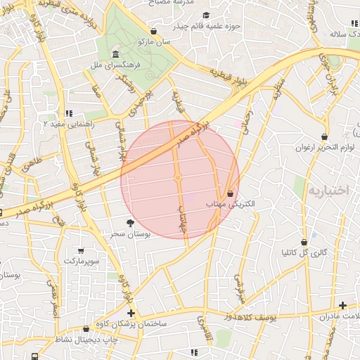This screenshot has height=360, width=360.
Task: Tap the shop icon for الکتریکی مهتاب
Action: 230,193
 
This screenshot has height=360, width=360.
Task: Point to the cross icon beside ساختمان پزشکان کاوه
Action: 131,313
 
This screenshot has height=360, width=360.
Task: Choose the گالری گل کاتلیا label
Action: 304,252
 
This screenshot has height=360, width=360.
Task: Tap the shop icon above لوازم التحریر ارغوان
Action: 324,136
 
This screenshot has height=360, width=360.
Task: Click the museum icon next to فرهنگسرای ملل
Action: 115,55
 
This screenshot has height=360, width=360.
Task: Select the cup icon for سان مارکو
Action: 154,32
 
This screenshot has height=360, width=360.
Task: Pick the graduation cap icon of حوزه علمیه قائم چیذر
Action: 205,15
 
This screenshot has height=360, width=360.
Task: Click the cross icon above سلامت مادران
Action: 342,305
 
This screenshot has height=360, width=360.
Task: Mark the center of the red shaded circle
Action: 180,179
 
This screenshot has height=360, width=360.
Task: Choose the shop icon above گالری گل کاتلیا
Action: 304,241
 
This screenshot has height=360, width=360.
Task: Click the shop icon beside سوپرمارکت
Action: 81,250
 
